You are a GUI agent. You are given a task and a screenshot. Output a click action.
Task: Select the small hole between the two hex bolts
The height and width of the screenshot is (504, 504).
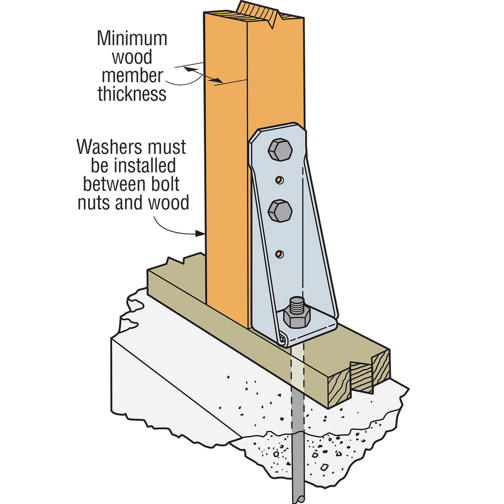[x=278, y=180]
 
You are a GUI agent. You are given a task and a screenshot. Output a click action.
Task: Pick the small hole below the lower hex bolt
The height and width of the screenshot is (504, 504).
[x=279, y=254]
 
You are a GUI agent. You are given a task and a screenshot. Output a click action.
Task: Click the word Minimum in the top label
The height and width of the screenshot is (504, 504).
[x=132, y=39]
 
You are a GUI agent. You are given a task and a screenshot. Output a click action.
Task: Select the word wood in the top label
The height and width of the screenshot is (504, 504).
[x=132, y=58]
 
